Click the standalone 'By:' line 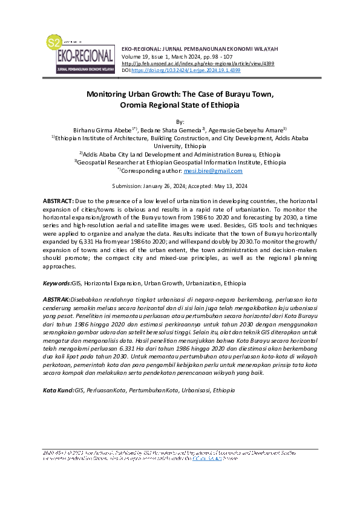pos(180,122)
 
